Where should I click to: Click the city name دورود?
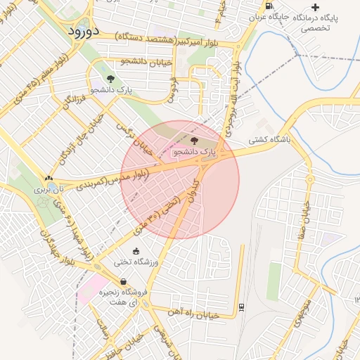tap(84, 32)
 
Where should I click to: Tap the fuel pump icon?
tap(271, 6)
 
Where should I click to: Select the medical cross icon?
tap(315, 7)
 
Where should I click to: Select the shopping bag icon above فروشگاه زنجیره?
tap(123, 281)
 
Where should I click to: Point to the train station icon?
tap(241, 307)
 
